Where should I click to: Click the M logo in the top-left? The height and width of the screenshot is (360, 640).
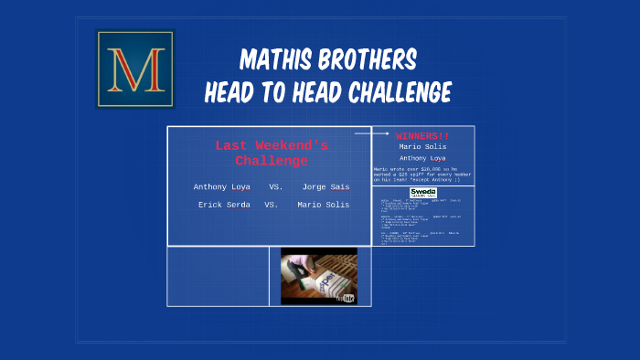134,69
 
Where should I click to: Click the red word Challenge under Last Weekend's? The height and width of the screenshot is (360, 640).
272,161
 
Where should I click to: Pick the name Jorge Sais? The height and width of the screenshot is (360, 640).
325,186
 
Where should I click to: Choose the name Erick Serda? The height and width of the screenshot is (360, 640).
224,205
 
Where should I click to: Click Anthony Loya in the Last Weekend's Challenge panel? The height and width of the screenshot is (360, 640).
222,186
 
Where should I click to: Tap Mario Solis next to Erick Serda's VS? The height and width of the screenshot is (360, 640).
323,205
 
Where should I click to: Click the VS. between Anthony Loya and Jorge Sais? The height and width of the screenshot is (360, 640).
275,186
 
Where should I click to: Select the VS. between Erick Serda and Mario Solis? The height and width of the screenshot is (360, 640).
272,205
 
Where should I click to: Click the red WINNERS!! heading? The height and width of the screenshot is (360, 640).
422,135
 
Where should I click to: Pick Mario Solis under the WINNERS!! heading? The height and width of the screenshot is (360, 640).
422,146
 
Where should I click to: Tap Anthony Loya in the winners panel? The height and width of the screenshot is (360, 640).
422,158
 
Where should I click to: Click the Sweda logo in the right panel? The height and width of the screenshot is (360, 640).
422,192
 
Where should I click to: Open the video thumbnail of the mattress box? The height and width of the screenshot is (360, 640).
318,275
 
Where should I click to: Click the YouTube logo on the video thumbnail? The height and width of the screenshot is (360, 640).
346,298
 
